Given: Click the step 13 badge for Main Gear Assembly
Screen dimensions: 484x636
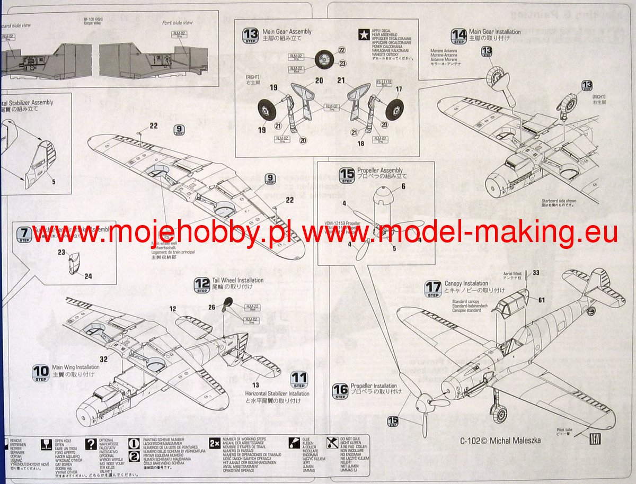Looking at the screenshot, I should pos(251,36).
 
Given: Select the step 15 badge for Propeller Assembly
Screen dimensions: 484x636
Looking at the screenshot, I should pos(347,175).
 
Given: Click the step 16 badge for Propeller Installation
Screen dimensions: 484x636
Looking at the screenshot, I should pos(340,391).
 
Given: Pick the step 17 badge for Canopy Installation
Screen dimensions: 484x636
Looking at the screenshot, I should pos(433,289).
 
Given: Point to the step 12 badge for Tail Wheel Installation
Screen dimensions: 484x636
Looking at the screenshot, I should pos(202,285).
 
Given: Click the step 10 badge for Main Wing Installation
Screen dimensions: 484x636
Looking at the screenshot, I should pos(40,373).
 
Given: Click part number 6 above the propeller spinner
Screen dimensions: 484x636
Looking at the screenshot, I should pos(403,186).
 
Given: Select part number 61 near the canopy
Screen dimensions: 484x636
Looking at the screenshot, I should pos(541,300).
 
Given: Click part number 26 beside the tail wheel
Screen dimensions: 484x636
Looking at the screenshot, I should pos(212,307).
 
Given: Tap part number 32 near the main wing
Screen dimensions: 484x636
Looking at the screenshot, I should pos(103,359).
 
